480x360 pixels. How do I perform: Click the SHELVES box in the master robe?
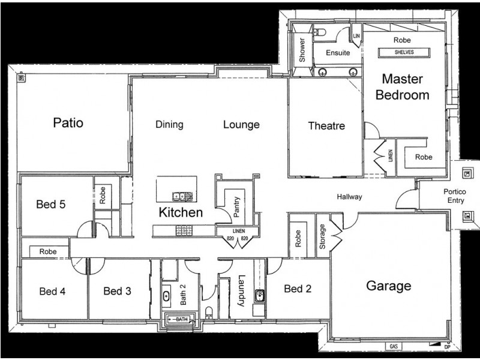(404, 52)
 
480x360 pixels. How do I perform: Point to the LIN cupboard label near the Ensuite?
(356, 37)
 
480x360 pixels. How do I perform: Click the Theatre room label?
(326, 126)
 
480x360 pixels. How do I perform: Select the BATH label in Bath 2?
(181, 320)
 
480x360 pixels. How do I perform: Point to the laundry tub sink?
(259, 295)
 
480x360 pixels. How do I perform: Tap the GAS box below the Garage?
(394, 347)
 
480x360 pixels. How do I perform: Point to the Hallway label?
(349, 196)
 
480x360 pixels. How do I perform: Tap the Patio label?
(68, 123)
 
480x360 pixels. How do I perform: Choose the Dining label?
(169, 125)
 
